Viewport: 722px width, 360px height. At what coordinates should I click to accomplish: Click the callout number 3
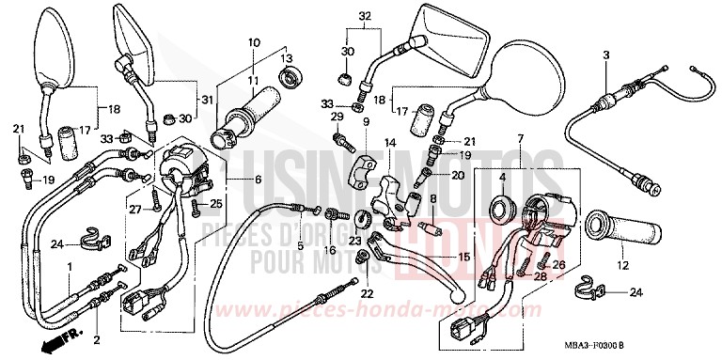coord(605,56)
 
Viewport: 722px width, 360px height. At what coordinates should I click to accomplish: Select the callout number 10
coord(253,42)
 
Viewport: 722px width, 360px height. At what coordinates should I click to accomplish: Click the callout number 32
coord(365,15)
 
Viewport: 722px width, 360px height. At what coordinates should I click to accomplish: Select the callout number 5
coord(300,246)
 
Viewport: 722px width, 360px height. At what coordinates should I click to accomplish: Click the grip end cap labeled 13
coord(290,77)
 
